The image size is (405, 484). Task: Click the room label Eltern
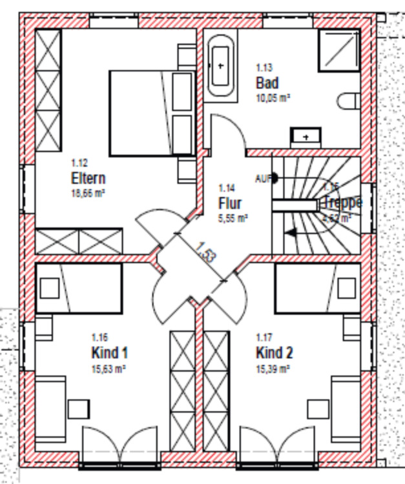click(88, 179)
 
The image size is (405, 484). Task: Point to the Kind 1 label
click(109, 353)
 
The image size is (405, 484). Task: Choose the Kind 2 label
click(275, 353)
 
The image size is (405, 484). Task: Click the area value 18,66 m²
click(88, 192)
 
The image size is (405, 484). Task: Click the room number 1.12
click(79, 163)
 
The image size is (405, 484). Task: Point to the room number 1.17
click(263, 338)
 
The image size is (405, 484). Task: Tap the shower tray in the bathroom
click(338, 51)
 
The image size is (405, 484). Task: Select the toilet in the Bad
click(348, 102)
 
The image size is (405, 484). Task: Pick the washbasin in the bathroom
click(306, 136)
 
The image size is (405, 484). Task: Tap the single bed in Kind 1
click(78, 288)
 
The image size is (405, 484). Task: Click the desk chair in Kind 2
click(318, 408)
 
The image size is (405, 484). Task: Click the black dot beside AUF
click(275, 177)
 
